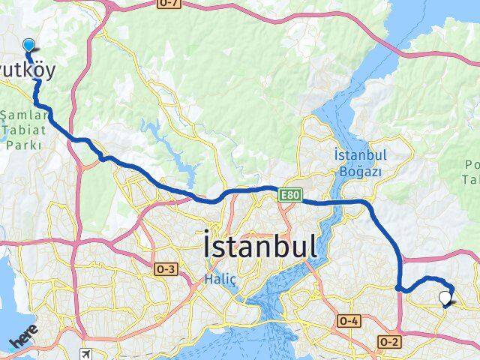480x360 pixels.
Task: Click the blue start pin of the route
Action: click(x=28, y=45)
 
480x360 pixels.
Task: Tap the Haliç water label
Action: click(x=220, y=279)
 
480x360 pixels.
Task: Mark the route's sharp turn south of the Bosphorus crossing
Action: click(x=399, y=286)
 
